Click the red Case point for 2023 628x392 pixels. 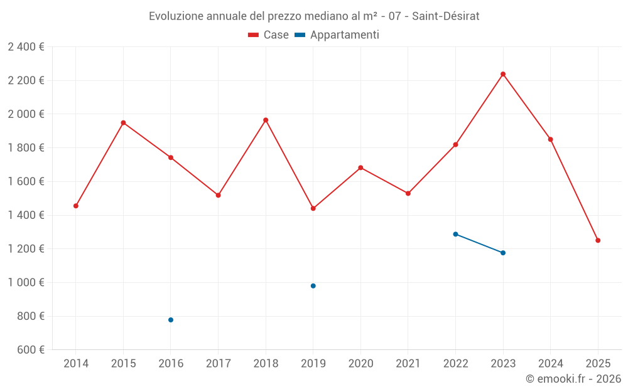coord(503,74)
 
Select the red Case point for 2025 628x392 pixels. coord(598,240)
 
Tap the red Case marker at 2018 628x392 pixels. coord(266,120)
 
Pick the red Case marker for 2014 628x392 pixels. coord(76,206)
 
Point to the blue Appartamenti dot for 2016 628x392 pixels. coord(171,320)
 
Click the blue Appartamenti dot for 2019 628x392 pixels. coord(313,286)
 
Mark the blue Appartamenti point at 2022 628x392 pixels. coord(455,234)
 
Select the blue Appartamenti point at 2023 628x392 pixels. coord(503,253)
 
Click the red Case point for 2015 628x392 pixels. coord(124,123)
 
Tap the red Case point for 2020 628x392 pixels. coord(360,167)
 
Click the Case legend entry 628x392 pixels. coord(269,35)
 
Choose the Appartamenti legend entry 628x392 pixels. coord(337,35)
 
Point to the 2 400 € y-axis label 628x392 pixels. coord(26,47)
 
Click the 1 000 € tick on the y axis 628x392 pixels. coord(26,282)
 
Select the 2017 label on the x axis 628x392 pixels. coord(218,364)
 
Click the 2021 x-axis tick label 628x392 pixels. coord(408,364)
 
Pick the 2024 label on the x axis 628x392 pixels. coord(550,364)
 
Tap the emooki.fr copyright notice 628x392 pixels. coord(573,379)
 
